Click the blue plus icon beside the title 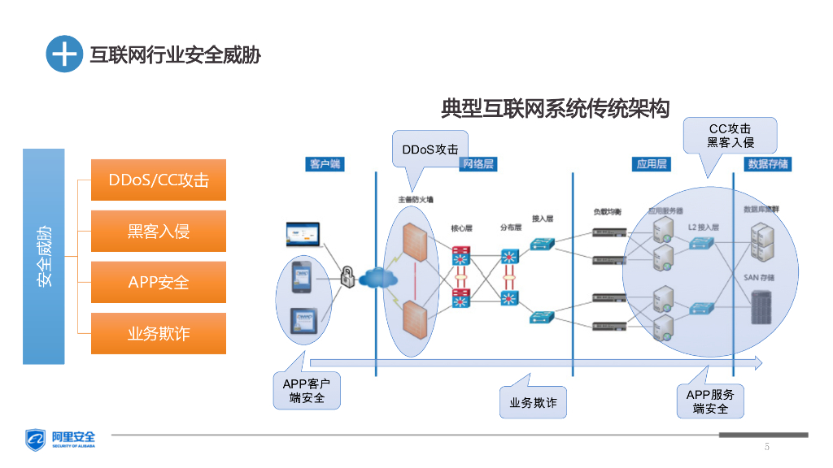64,54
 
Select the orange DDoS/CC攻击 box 159,180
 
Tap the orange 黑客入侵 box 159,231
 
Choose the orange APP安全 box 159,283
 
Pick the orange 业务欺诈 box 159,334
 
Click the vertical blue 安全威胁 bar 44,256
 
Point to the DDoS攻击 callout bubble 430,149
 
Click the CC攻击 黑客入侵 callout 730,135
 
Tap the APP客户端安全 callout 307,391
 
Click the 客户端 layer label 325,164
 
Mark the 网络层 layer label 478,164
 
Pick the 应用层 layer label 652,164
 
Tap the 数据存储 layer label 767,164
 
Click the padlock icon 347,275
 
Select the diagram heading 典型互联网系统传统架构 555,108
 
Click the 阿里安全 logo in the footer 61,440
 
